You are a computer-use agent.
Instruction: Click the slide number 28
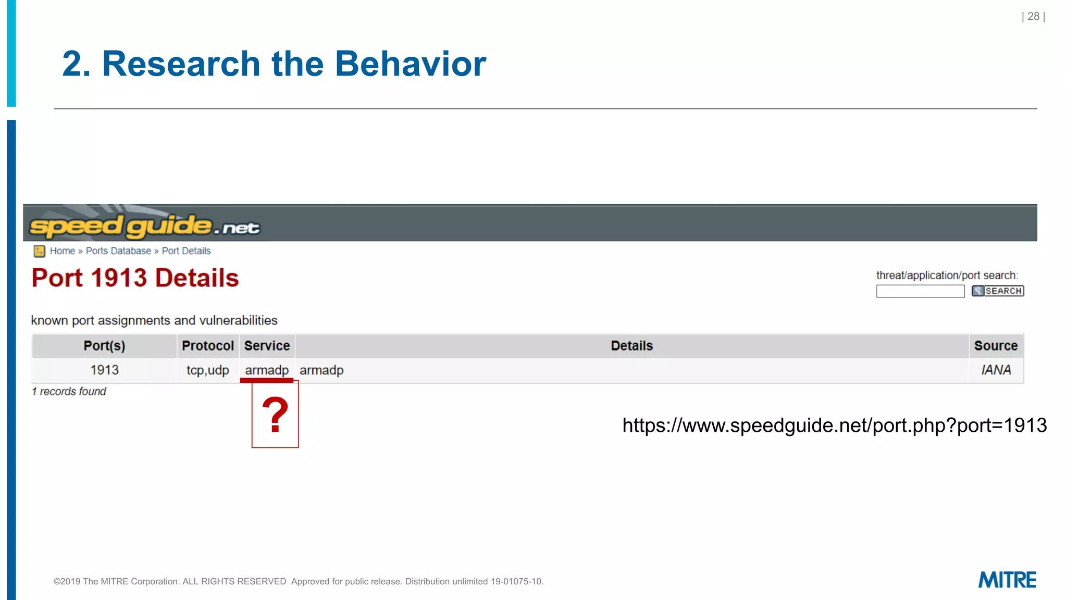[1033, 17]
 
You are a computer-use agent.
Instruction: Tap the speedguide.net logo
[144, 226]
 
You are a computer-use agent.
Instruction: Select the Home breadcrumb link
[63, 251]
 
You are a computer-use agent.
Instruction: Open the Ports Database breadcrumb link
[118, 251]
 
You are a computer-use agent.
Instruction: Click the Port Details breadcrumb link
[186, 251]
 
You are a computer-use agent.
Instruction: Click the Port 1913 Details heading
[135, 278]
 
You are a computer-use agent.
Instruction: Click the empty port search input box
[920, 291]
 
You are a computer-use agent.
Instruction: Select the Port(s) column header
[104, 346]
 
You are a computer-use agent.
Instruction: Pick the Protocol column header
[207, 346]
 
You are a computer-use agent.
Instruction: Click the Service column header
[267, 346]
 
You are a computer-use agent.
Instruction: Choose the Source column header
[995, 346]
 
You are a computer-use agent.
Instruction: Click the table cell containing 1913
[104, 370]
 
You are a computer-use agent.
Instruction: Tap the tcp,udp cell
[207, 370]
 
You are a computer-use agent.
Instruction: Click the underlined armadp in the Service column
[266, 370]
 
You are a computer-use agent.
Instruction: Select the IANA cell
[996, 370]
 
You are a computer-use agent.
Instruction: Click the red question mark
[275, 415]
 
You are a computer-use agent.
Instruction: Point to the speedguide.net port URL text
[834, 426]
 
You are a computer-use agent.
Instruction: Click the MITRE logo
[1007, 580]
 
